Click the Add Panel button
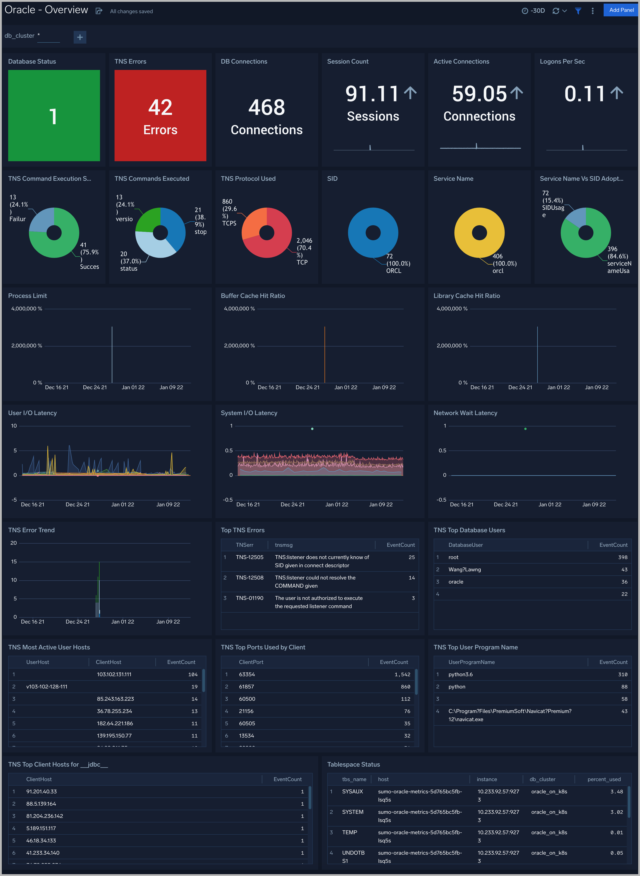pyautogui.click(x=621, y=10)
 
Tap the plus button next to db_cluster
pyautogui.click(x=80, y=37)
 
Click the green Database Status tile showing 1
pyautogui.click(x=54, y=115)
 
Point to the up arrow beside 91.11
pyautogui.click(x=410, y=93)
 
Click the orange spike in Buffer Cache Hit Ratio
pyautogui.click(x=325, y=354)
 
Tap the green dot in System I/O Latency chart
pyautogui.click(x=312, y=429)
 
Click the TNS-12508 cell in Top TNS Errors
pyautogui.click(x=250, y=578)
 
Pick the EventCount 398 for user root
pyautogui.click(x=622, y=557)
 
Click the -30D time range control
pyautogui.click(x=533, y=11)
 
